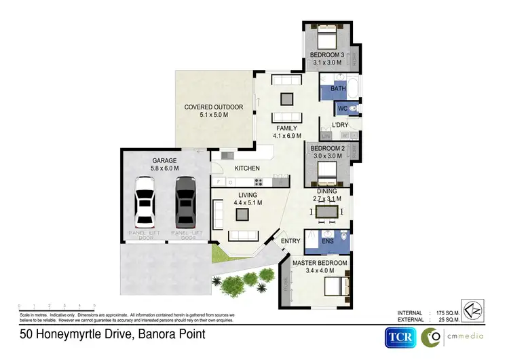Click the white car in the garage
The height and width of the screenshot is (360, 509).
point(147,202)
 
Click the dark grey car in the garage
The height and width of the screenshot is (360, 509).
point(185,202)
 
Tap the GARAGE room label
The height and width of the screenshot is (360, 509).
point(164,161)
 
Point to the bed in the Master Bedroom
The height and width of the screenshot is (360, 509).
point(336,286)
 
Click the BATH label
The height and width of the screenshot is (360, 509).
point(338,89)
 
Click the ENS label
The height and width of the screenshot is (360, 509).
point(327,240)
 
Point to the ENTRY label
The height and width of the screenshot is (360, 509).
point(290,241)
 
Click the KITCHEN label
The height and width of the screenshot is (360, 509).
point(248,168)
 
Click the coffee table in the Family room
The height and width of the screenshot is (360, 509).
point(286,97)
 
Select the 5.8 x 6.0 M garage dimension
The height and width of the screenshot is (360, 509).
point(164,169)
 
